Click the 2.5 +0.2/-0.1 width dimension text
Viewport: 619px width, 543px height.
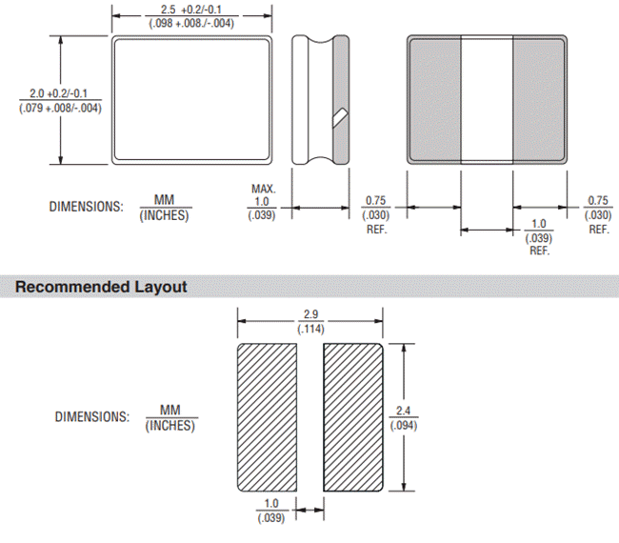194,8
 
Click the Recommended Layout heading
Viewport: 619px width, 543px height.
101,286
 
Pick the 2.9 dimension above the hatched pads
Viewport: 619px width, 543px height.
310,315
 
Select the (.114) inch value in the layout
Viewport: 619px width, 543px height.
310,329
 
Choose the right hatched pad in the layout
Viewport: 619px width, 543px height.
353,416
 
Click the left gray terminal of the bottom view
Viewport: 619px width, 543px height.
435,99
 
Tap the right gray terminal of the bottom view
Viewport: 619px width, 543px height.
541,99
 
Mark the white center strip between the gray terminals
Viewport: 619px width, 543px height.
488,99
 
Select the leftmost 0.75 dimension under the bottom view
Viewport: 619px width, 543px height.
376,202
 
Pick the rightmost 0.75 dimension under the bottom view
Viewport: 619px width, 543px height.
598,202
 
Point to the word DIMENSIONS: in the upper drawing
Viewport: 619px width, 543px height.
87,208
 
